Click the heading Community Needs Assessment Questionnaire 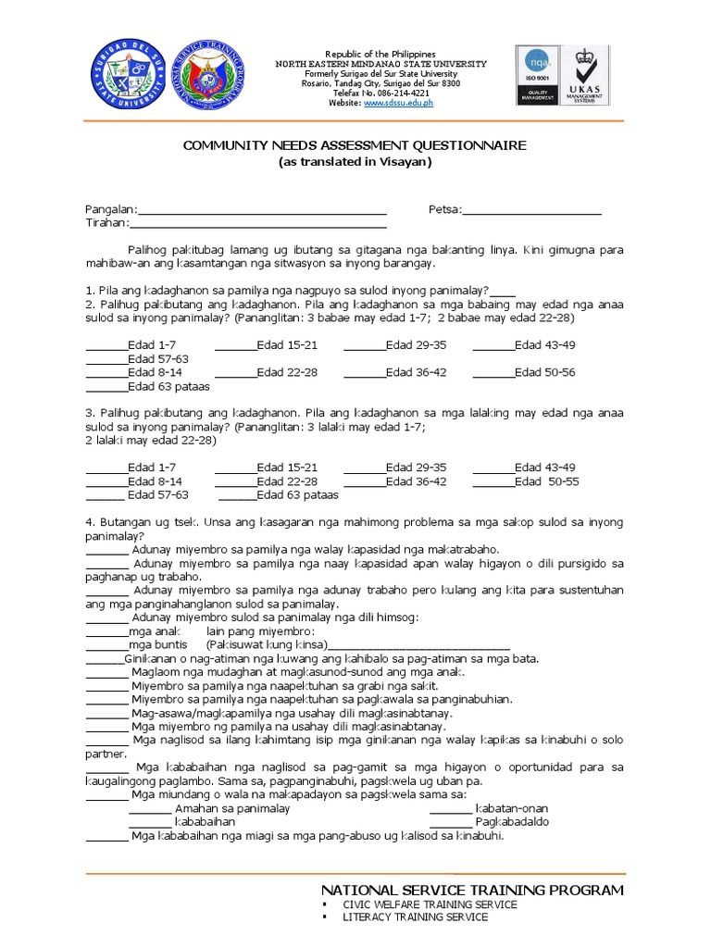point(355,145)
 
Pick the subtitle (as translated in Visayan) point(355,161)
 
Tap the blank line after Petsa point(531,211)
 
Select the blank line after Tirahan point(258,224)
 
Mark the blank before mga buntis point(106,645)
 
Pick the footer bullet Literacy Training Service point(415,917)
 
